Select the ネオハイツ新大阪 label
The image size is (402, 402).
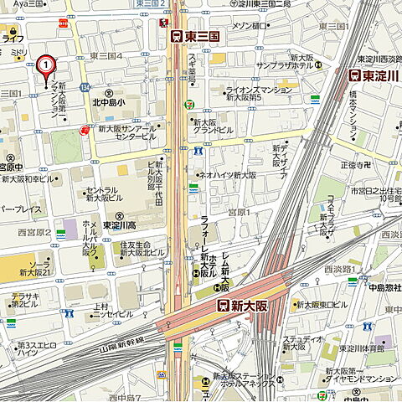[x=226, y=175]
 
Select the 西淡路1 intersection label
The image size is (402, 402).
[x=341, y=269]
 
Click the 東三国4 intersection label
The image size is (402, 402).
[x=106, y=56]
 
